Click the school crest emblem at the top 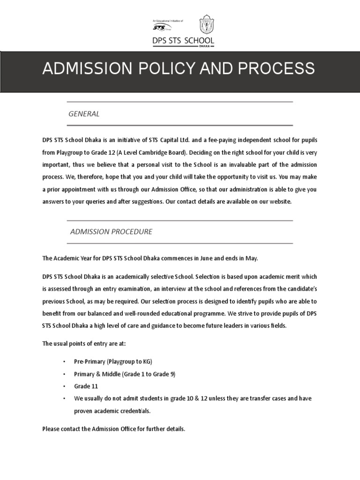pyautogui.click(x=206, y=25)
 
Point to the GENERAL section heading pyautogui.click(x=84, y=113)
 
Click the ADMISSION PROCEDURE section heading pyautogui.click(x=111, y=232)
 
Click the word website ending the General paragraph pyautogui.click(x=279, y=201)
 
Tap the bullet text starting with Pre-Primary pyautogui.click(x=113, y=362)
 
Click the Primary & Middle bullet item pyautogui.click(x=125, y=374)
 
